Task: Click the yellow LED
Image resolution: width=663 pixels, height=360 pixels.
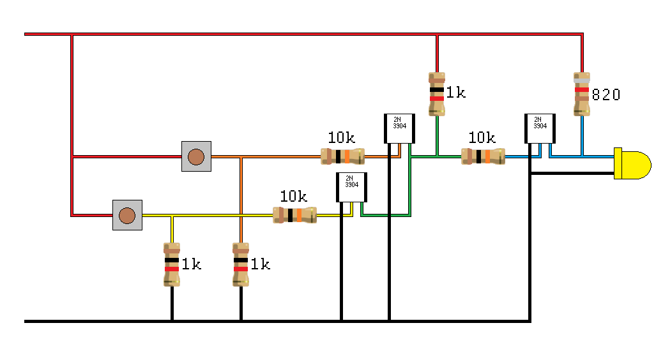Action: [x=632, y=163]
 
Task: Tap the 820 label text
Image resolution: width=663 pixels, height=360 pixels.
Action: [x=606, y=95]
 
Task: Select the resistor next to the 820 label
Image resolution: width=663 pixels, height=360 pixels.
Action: [x=581, y=94]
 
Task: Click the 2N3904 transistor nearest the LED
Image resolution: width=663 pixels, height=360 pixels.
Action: [x=540, y=129]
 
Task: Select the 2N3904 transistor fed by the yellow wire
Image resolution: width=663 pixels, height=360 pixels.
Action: [x=351, y=187]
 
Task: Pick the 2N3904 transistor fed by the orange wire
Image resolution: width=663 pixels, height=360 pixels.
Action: [x=399, y=128]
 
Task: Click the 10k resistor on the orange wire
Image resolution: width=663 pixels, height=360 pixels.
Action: [x=342, y=156]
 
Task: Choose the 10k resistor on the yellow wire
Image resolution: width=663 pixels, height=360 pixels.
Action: [x=295, y=215]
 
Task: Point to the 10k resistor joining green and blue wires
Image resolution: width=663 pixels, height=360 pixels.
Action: [x=483, y=156]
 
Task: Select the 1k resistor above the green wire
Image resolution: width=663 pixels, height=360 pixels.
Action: [x=436, y=94]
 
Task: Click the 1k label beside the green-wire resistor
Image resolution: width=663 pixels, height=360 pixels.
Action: [x=455, y=93]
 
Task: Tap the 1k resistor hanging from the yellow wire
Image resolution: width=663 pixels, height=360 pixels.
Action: [x=172, y=264]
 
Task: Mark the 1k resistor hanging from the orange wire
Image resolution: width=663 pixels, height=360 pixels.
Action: [x=241, y=264]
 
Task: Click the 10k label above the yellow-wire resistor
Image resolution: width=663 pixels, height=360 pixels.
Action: [x=293, y=196]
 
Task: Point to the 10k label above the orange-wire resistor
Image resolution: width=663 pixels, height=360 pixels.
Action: [x=341, y=137]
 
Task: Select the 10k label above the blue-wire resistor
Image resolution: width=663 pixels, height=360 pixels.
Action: [x=482, y=137]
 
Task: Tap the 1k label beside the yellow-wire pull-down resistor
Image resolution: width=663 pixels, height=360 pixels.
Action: [x=191, y=264]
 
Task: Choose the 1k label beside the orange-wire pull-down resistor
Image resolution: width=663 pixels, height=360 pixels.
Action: [x=260, y=264]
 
